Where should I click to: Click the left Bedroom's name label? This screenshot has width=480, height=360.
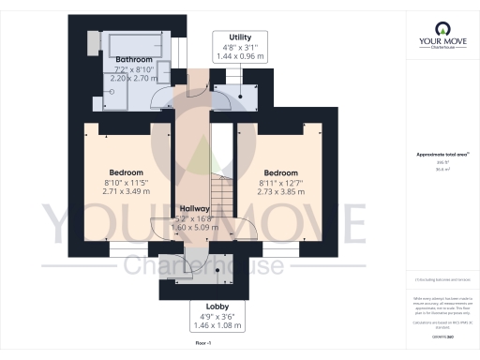click(x=126, y=172)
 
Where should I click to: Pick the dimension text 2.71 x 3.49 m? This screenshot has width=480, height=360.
click(x=126, y=191)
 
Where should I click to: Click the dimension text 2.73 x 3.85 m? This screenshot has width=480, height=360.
click(x=281, y=191)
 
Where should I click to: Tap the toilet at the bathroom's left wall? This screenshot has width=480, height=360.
click(x=93, y=42)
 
